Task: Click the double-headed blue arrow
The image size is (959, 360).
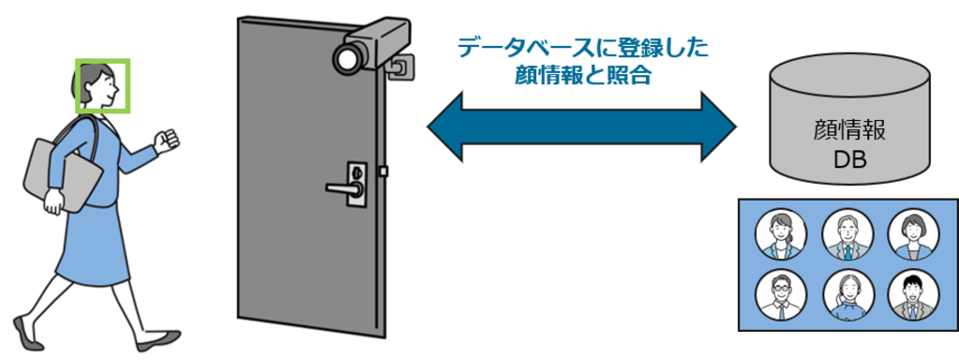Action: click(582, 126)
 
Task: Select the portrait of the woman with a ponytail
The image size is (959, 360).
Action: click(780, 235)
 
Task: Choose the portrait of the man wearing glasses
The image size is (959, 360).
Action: click(780, 297)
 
